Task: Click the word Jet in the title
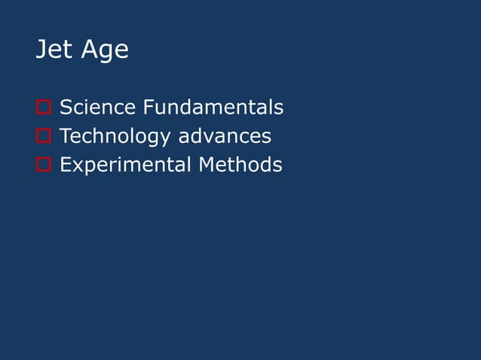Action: pos(54,50)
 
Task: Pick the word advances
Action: pos(225,136)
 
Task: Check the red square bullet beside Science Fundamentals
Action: pos(43,108)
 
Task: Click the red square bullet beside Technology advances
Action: pos(43,137)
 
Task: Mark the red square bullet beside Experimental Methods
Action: pos(43,165)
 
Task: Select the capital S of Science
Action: pos(66,108)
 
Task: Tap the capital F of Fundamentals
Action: pos(148,108)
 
